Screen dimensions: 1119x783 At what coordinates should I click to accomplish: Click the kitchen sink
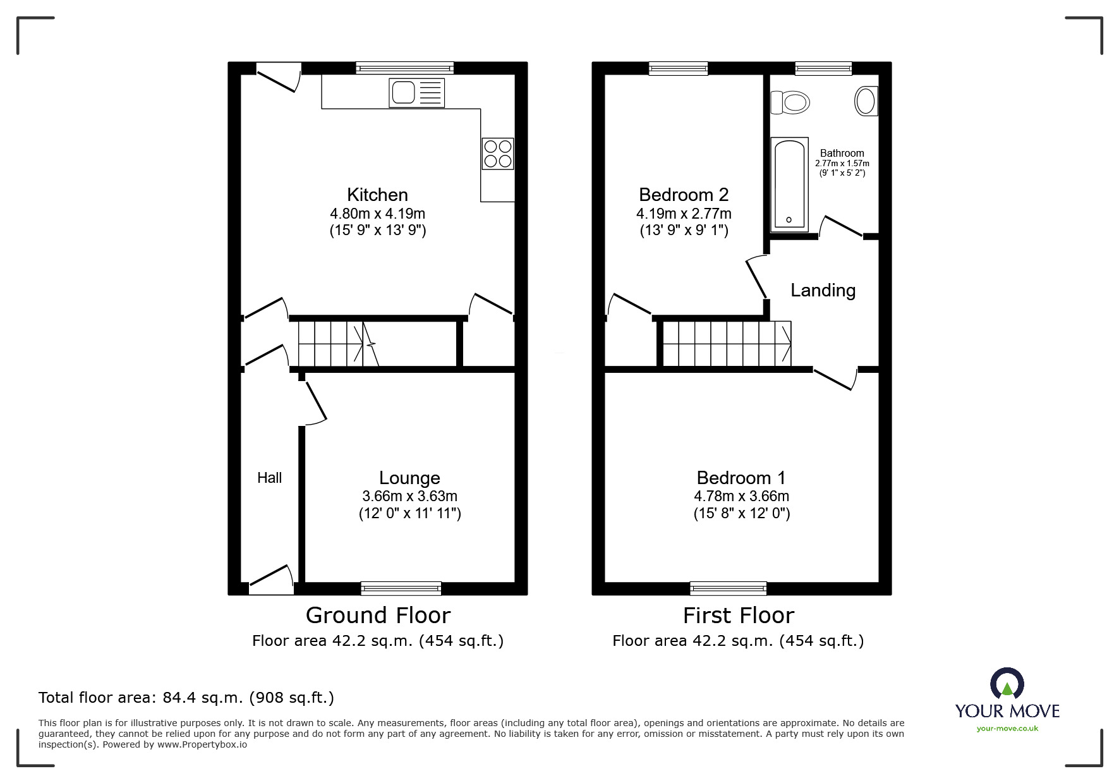[x=416, y=93]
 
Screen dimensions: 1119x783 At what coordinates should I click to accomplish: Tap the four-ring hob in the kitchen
[x=497, y=154]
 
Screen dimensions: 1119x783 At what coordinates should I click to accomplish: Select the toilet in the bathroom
[x=790, y=102]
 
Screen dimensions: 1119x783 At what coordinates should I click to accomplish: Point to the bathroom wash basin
[x=866, y=101]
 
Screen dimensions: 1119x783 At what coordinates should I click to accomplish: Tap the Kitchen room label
[x=377, y=195]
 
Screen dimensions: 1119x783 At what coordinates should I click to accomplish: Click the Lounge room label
[x=409, y=478]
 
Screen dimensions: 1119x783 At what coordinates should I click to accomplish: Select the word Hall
[x=269, y=478]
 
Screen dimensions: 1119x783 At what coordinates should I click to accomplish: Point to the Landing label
[x=823, y=290]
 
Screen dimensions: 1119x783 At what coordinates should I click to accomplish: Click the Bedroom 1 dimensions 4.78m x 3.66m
[x=741, y=496]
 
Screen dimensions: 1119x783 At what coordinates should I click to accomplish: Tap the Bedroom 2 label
[x=684, y=195]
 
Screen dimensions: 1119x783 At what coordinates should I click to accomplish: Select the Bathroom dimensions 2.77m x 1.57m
[x=842, y=164]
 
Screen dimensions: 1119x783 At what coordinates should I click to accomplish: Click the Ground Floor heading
[x=378, y=615]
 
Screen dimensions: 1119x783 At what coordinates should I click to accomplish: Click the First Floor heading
[x=738, y=615]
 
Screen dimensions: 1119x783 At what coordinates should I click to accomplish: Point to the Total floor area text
[x=186, y=698]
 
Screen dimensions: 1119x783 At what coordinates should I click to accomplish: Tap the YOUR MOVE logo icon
[x=1007, y=685]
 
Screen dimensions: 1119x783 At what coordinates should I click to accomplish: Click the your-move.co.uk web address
[x=1007, y=729]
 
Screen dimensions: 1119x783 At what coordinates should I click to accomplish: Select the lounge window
[x=401, y=588]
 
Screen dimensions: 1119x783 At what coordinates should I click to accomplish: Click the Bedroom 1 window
[x=729, y=588]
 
